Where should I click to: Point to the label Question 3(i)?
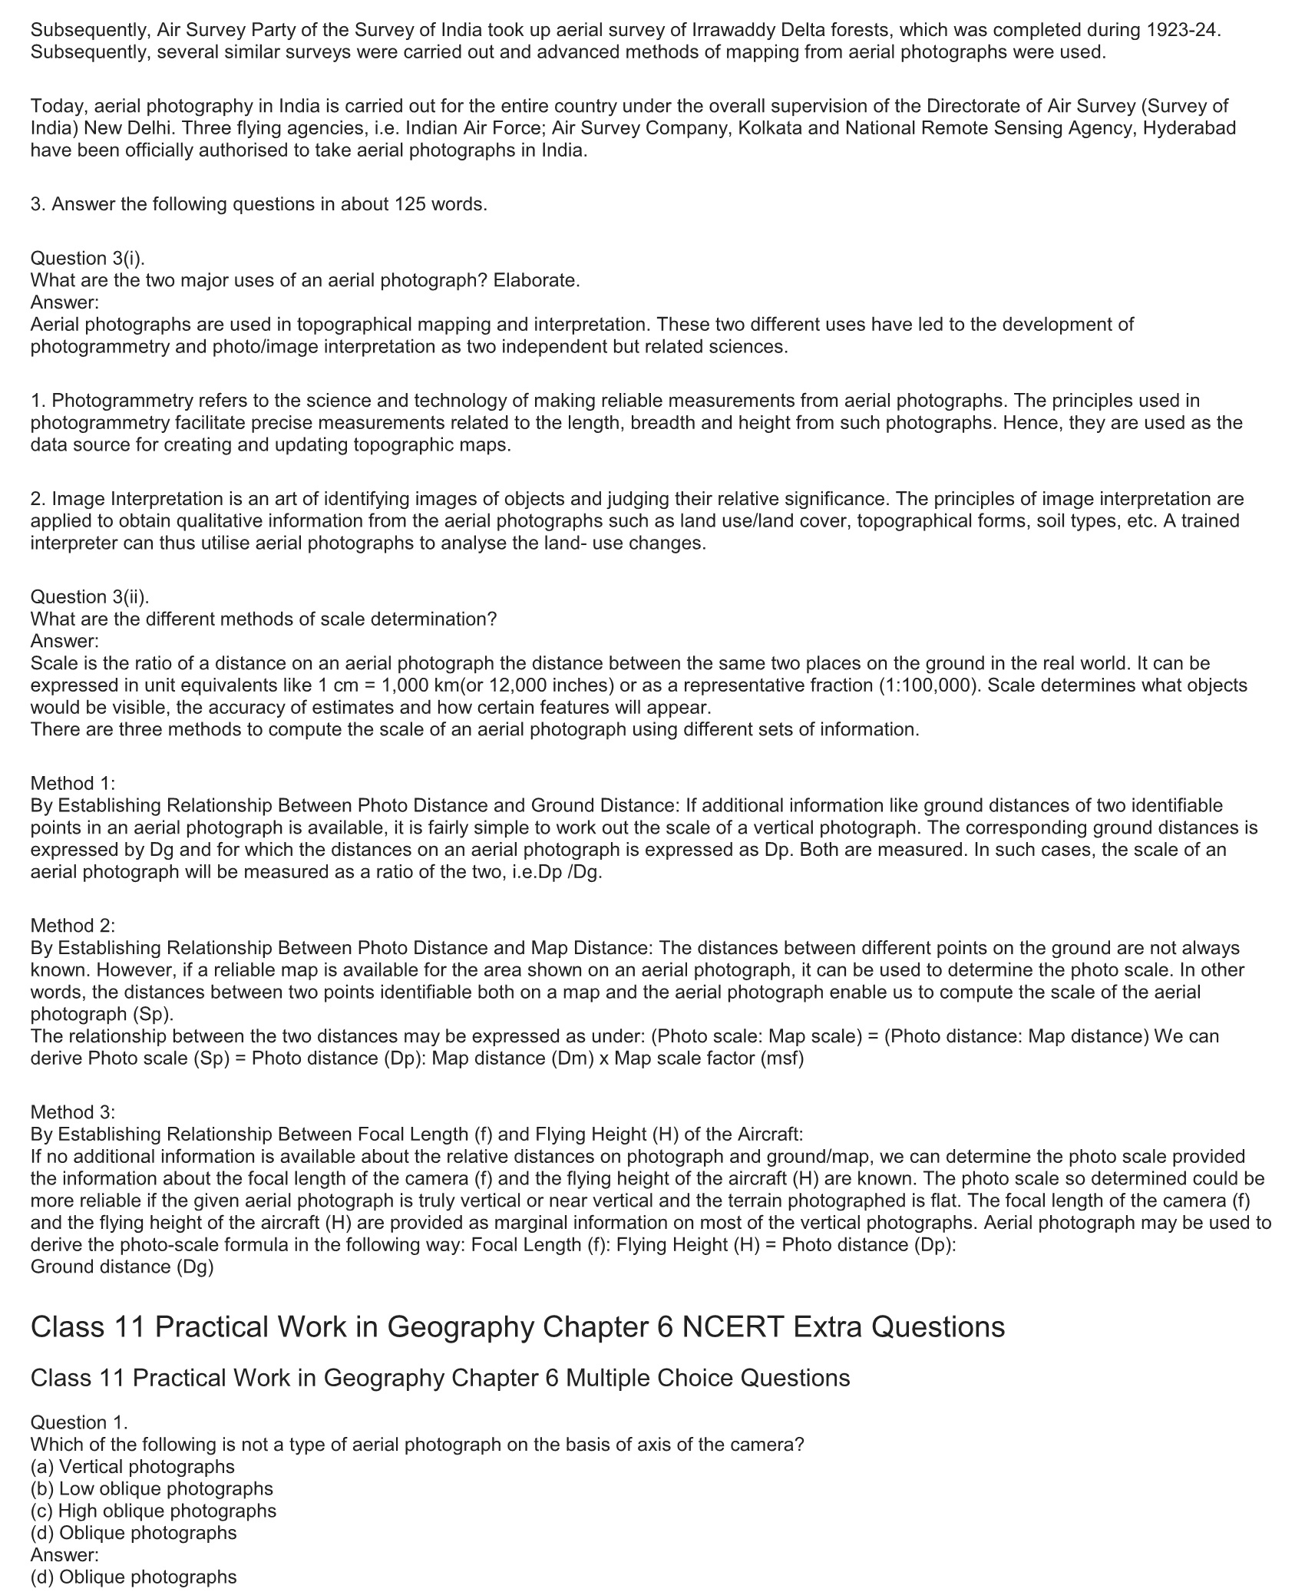(x=88, y=259)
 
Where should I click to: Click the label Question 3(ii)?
(x=90, y=597)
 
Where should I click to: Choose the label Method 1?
(x=73, y=784)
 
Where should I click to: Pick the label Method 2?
(x=73, y=926)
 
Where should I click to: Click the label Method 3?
(x=73, y=1112)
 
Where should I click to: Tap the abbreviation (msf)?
(x=782, y=1059)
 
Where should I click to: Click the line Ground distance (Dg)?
(x=121, y=1267)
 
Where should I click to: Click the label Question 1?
(x=78, y=1422)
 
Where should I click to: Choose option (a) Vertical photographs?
(x=133, y=1467)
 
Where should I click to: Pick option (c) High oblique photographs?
(x=154, y=1511)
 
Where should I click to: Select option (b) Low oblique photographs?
(x=152, y=1489)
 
